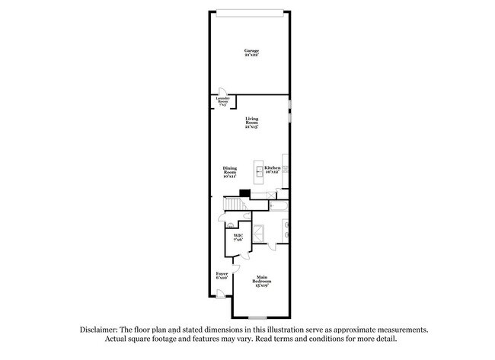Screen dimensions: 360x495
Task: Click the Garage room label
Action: [251, 53]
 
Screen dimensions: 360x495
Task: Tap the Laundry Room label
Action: [223, 100]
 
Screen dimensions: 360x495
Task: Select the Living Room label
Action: [251, 123]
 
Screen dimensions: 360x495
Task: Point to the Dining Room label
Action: [230, 171]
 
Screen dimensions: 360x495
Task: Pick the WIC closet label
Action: [238, 238]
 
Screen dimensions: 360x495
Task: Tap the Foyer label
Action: [222, 275]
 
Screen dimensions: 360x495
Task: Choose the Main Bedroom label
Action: [262, 282]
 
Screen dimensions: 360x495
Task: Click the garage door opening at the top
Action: [251, 11]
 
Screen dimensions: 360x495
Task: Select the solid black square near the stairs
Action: [244, 193]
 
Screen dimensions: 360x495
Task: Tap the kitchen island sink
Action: [259, 173]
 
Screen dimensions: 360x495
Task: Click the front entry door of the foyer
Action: [220, 293]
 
